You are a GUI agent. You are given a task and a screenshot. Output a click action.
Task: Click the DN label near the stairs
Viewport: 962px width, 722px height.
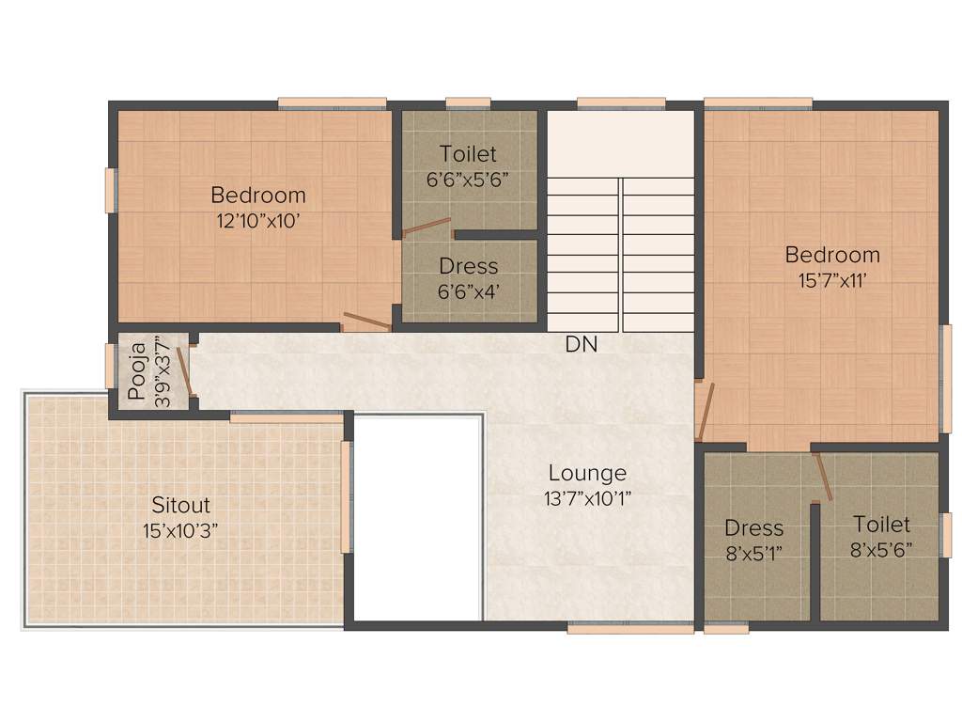(581, 345)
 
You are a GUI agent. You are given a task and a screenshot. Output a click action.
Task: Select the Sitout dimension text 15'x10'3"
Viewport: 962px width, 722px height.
(180, 530)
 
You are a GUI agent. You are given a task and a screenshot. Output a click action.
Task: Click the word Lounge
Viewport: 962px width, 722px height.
(587, 473)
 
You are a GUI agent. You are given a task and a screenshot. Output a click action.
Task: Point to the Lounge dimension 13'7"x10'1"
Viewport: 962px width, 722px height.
(587, 498)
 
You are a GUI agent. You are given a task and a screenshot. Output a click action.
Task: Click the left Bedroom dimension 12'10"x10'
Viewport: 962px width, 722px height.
(258, 221)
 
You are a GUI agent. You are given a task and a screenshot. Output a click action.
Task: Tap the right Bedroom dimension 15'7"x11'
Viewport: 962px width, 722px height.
(832, 279)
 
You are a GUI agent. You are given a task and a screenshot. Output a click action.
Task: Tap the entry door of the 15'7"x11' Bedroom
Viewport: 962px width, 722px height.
(706, 412)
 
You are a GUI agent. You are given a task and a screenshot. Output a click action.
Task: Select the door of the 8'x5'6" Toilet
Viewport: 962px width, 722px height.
(823, 476)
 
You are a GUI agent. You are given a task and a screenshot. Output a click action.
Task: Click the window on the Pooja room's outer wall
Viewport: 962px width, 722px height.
(109, 366)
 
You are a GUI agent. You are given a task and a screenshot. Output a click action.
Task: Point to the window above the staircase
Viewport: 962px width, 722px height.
(621, 103)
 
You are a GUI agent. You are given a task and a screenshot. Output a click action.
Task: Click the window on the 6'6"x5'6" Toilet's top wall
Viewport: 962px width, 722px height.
(468, 103)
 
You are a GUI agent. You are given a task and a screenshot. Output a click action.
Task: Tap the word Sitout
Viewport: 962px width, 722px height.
(180, 506)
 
